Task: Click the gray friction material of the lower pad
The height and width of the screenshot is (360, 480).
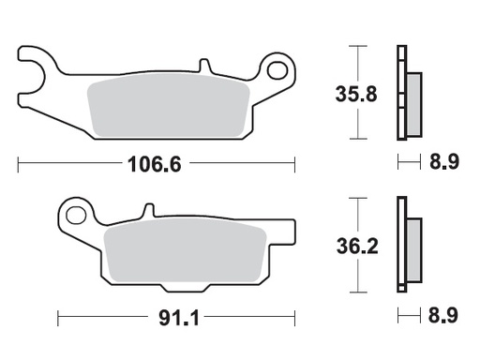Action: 183,257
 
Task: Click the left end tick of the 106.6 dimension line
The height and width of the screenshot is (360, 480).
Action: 19,164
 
